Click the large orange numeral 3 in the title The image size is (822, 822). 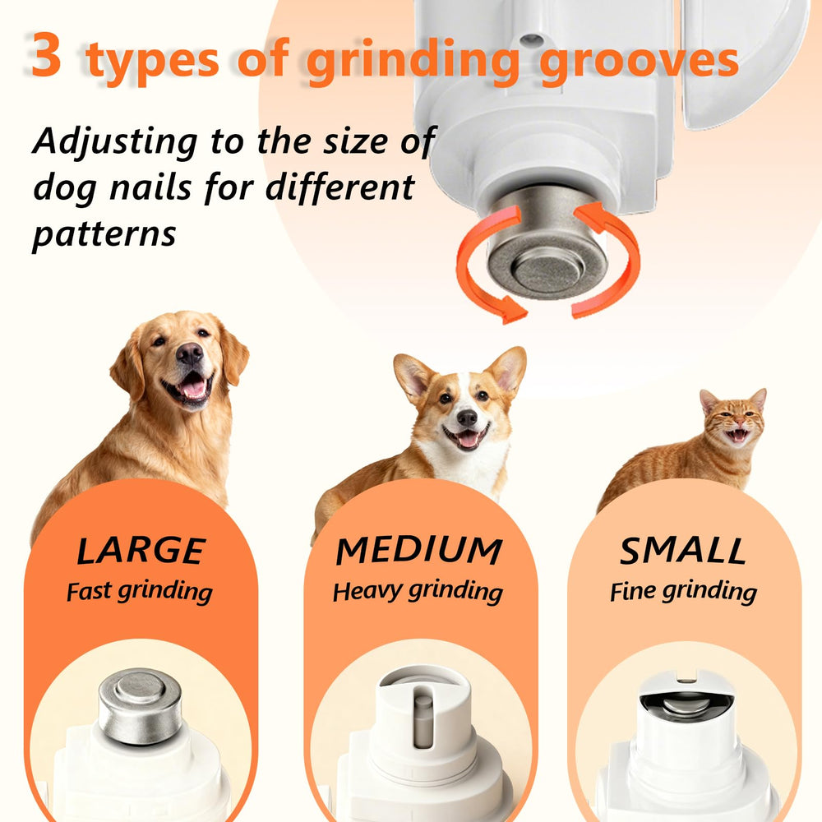[46, 54]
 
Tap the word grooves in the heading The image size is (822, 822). [640, 62]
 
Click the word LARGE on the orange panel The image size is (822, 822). [141, 551]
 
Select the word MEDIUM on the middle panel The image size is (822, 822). [419, 551]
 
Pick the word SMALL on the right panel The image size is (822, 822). [683, 551]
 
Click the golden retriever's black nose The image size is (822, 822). [189, 354]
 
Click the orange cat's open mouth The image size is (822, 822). [738, 435]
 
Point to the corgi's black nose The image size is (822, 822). [467, 418]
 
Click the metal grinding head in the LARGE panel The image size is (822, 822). [141, 705]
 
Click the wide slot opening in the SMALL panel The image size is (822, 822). [686, 705]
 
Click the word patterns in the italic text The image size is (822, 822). [104, 235]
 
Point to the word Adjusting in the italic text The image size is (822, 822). [115, 142]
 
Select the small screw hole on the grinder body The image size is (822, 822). [531, 39]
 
